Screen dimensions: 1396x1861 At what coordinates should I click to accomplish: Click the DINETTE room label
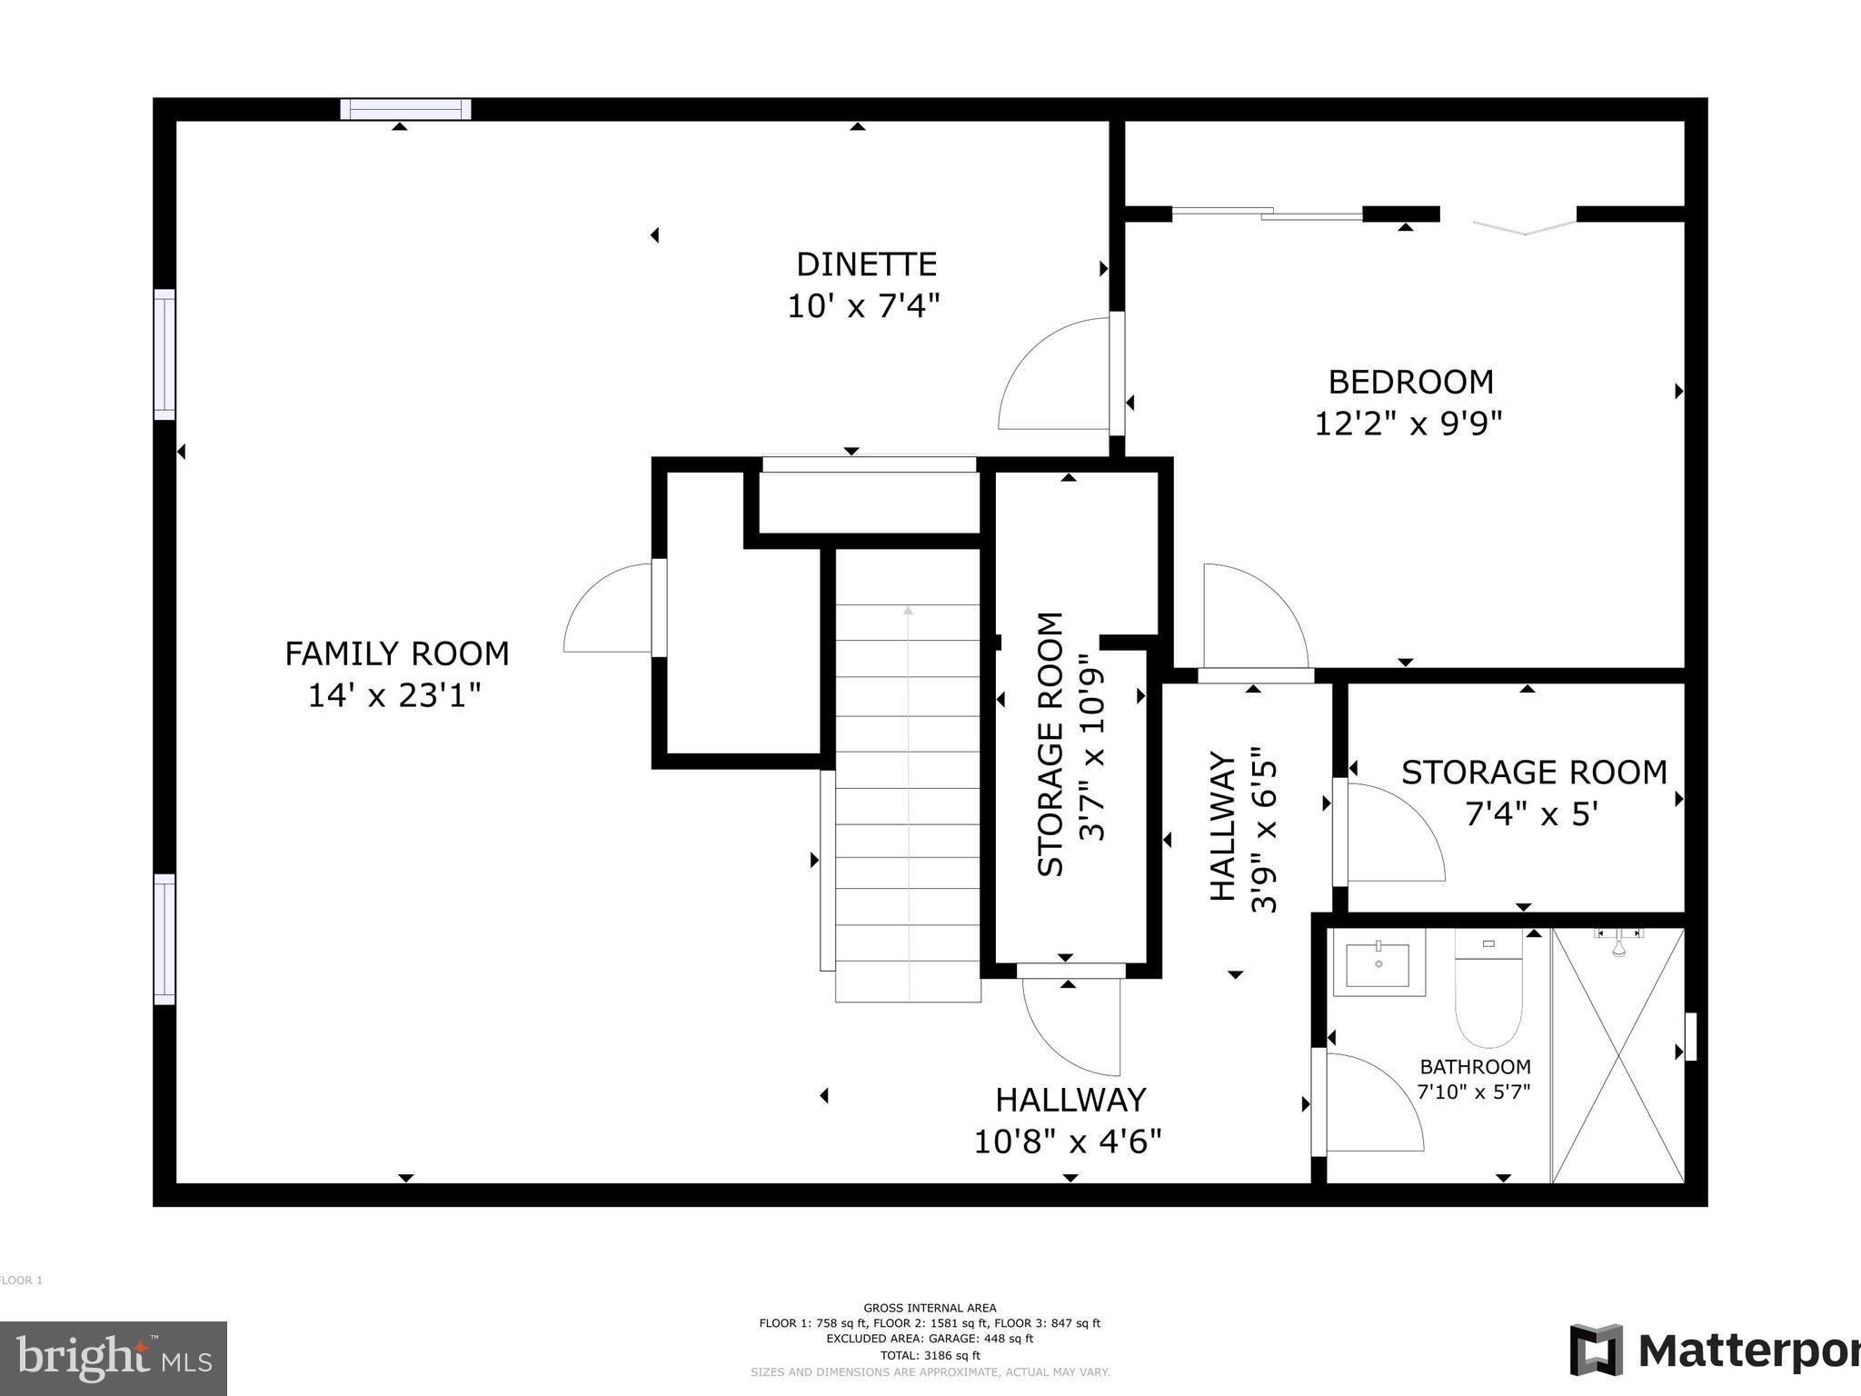[x=866, y=264]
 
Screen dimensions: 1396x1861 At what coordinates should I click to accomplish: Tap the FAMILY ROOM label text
[x=397, y=653]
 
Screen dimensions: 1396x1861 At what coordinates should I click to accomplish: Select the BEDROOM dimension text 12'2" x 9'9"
[x=1408, y=424]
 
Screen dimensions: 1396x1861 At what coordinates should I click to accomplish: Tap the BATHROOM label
[x=1475, y=1067]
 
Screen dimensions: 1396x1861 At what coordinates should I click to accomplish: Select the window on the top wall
[x=406, y=109]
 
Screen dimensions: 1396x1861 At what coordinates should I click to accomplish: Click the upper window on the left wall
[x=164, y=354]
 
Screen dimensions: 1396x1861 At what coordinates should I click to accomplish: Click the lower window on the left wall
[x=164, y=939]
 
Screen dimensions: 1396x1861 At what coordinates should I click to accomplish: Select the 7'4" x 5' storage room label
[x=1532, y=813]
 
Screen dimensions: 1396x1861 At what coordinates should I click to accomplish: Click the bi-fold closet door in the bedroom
[x=1525, y=224]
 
